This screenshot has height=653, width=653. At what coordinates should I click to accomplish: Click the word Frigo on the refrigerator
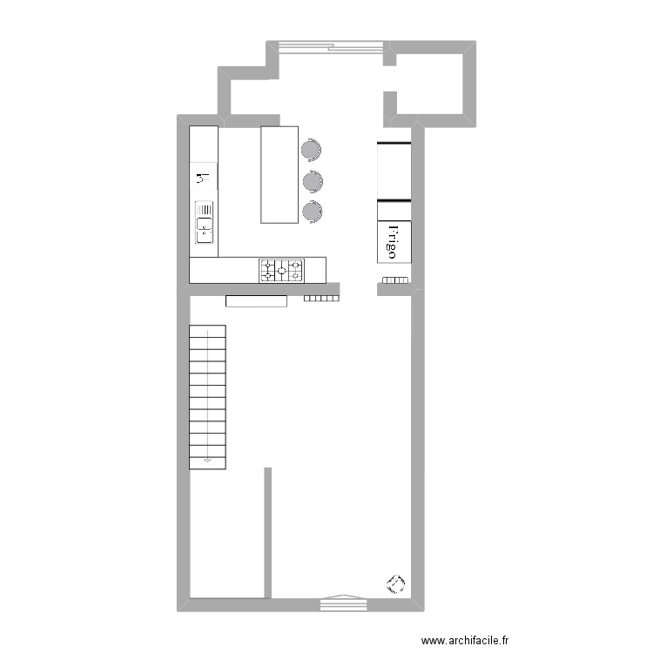point(392,241)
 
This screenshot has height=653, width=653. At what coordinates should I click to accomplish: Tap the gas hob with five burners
point(281,270)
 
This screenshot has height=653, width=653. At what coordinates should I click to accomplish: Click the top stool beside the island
point(311,150)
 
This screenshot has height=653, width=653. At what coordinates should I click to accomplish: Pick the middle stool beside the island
point(312,181)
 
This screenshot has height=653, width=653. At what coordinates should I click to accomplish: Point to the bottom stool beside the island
point(312,211)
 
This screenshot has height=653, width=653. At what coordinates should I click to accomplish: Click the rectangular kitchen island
point(279,174)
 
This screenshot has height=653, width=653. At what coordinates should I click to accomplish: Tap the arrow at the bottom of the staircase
point(207,460)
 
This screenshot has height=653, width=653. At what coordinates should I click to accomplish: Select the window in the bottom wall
point(344,599)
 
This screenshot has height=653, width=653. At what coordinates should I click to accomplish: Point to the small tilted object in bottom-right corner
point(396,583)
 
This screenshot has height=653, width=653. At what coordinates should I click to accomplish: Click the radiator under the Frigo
point(395,280)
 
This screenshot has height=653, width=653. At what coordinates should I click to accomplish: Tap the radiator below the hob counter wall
point(321,299)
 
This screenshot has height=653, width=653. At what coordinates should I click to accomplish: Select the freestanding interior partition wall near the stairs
point(267,532)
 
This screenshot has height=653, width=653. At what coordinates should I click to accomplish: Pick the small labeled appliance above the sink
point(204,179)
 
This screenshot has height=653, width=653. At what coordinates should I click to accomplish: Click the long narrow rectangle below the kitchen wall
point(256,301)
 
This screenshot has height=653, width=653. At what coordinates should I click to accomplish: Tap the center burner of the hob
point(281,270)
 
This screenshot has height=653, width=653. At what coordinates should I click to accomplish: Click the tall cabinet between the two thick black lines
point(394,172)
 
